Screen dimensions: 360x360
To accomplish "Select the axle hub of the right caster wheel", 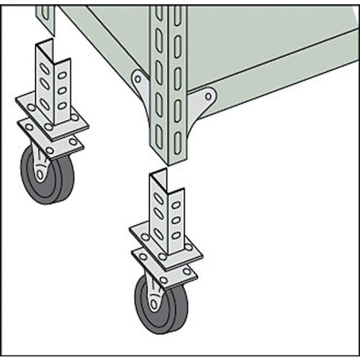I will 153,301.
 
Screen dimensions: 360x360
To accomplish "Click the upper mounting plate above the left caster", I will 50,115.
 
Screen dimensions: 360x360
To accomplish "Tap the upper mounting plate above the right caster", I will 166,246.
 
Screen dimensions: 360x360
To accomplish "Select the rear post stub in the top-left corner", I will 45,18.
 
